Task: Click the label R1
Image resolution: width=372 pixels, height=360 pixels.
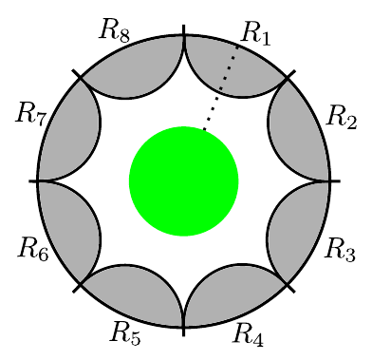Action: pyautogui.click(x=255, y=33)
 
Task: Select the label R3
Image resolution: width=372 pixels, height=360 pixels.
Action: pyautogui.click(x=341, y=250)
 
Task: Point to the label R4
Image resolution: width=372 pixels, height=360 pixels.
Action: pyautogui.click(x=248, y=334)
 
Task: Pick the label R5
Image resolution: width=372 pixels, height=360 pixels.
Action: pyautogui.click(x=125, y=332)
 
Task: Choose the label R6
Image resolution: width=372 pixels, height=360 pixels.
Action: pyautogui.click(x=33, y=249)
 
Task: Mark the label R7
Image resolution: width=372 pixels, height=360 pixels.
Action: pyautogui.click(x=31, y=114)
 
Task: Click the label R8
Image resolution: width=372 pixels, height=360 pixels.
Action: pyautogui.click(x=115, y=31)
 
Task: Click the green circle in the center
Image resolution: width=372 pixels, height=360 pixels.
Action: pyautogui.click(x=184, y=181)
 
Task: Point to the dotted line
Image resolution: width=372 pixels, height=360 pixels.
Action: pyautogui.click(x=220, y=88)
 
